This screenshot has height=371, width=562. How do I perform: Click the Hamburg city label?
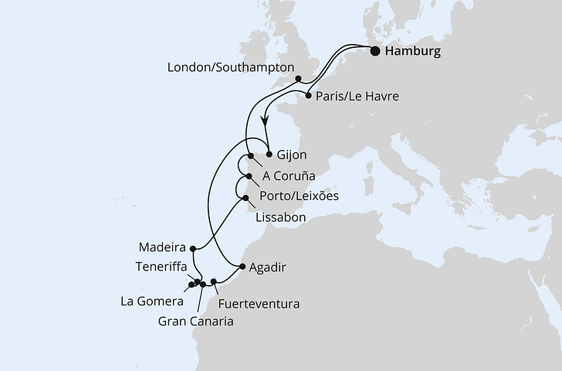tap(413, 53)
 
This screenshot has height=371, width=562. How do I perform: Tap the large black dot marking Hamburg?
tap(375, 53)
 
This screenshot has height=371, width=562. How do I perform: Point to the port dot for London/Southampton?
tap(298, 78)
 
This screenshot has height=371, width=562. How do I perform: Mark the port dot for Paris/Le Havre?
tap(309, 97)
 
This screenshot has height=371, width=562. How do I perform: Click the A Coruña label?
tap(293, 175)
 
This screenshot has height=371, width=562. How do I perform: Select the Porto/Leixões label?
tap(298, 196)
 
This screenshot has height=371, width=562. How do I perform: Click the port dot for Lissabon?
tap(246, 199)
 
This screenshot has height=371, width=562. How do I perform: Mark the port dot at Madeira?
tap(192, 249)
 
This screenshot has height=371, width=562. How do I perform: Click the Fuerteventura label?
tap(258, 304)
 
